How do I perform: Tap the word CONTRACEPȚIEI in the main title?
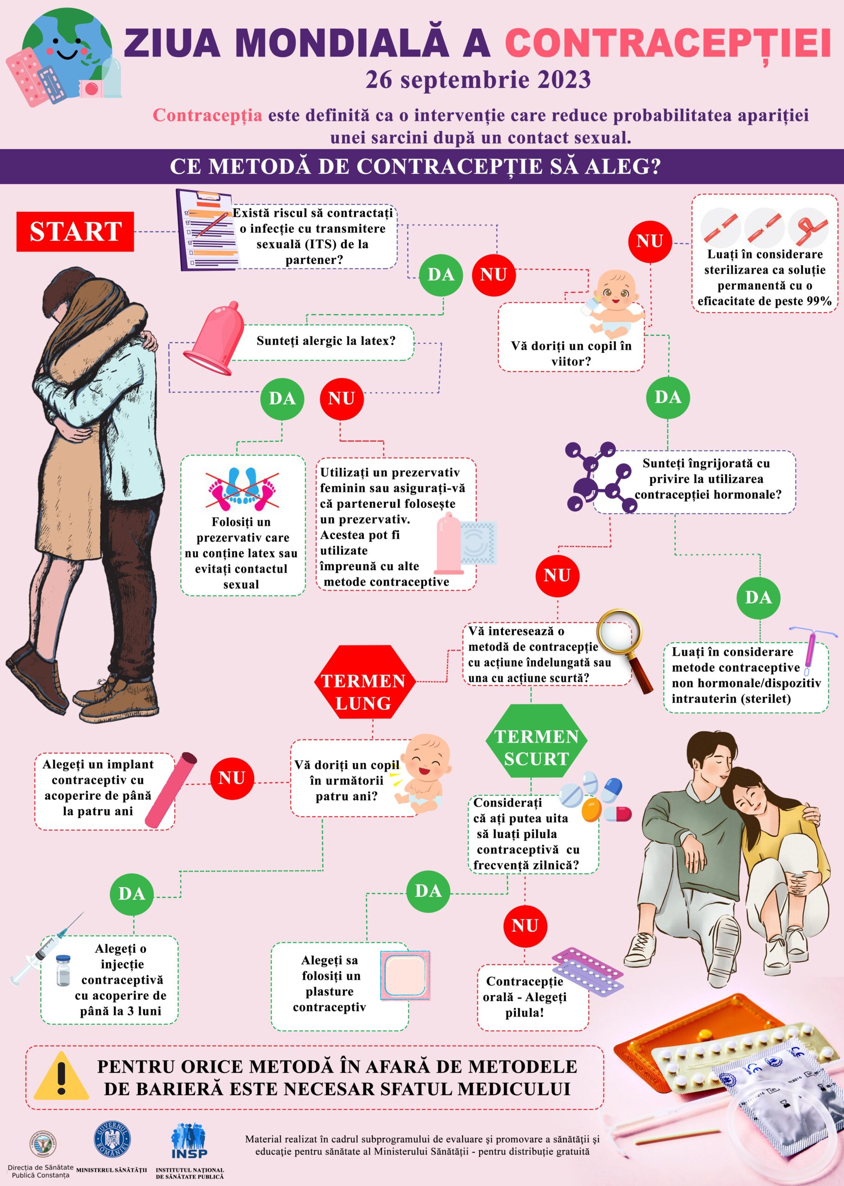667,44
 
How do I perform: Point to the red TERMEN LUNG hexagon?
364,681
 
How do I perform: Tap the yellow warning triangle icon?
61,1076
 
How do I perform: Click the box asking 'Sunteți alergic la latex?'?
326,341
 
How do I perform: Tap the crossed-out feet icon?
243,488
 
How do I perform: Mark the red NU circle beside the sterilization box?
649,241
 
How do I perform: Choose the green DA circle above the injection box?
132,894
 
